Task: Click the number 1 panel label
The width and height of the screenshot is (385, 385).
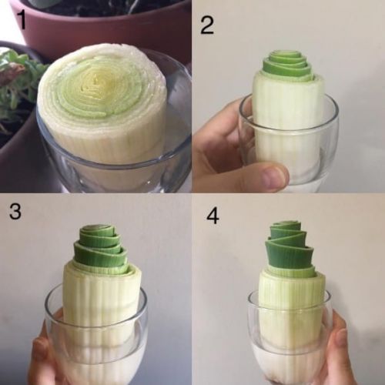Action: coord(22,21)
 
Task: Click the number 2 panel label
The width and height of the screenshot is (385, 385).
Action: coord(207,26)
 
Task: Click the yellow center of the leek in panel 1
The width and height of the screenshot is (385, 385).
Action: coord(102,82)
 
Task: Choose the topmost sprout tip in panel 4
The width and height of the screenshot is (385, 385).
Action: coord(286,223)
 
